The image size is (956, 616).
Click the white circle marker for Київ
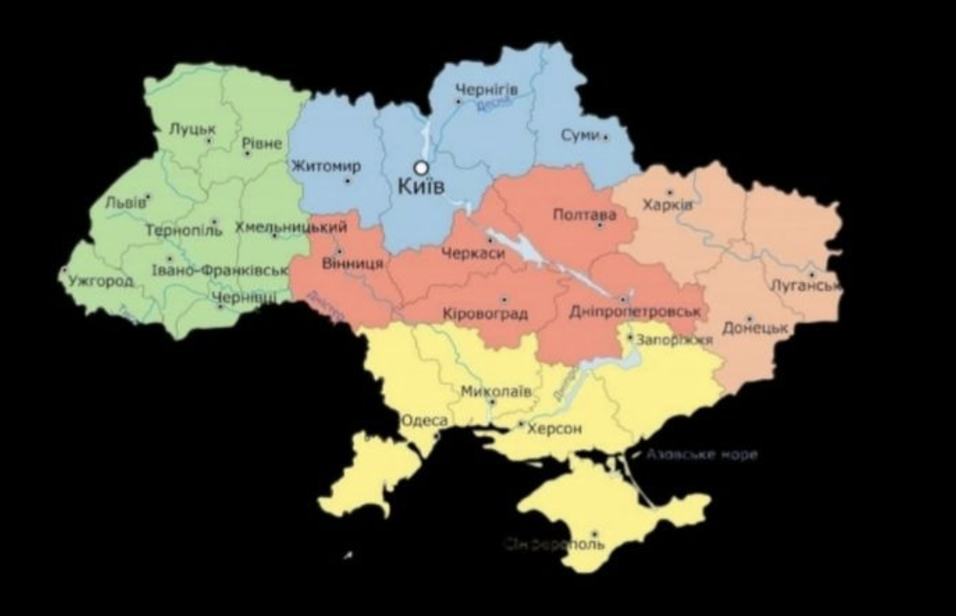pyautogui.click(x=421, y=167)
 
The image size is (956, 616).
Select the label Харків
pyautogui.click(x=667, y=204)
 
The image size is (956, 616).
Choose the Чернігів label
pyautogui.click(x=486, y=89)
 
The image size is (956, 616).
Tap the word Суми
pyautogui.click(x=580, y=135)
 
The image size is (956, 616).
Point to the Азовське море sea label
pyautogui.click(x=702, y=454)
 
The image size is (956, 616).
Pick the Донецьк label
pyautogui.click(x=754, y=328)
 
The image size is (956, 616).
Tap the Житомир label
pyautogui.click(x=326, y=166)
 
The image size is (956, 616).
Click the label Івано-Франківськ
pyautogui.click(x=220, y=270)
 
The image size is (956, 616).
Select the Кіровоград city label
pyautogui.click(x=485, y=314)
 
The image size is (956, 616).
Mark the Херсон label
pyautogui.click(x=554, y=428)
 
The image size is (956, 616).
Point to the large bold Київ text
pyautogui.click(x=421, y=186)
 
